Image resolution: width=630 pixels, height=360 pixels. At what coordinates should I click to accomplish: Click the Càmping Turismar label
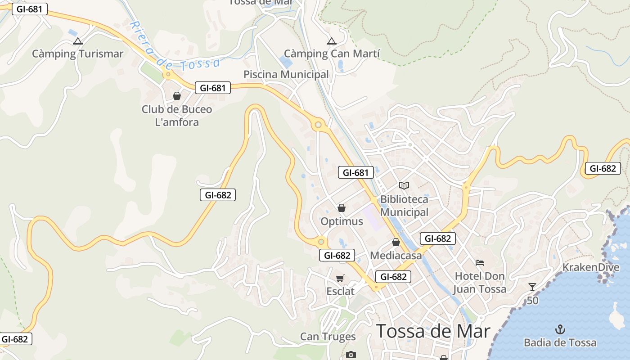coord(77,54)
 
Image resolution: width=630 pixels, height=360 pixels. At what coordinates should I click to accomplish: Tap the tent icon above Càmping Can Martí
coord(332,41)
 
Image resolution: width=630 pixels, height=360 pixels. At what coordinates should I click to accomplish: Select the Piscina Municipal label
coord(286,74)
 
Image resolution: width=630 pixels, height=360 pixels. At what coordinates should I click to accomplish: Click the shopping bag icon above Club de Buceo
coord(177,96)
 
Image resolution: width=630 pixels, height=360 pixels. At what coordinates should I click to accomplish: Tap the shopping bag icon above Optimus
coord(342,208)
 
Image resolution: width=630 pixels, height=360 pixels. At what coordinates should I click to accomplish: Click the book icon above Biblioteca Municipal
coord(404,185)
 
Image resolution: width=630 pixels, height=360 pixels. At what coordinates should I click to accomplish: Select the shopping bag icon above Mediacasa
coord(396,243)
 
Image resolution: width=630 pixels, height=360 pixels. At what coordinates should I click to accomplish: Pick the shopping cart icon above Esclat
coord(340,279)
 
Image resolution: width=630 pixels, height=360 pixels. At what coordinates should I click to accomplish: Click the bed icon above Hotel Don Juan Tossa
coord(480,262)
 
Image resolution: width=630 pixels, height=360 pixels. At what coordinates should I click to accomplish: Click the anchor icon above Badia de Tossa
coord(560,329)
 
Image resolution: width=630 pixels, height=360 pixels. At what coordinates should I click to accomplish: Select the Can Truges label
coord(328,337)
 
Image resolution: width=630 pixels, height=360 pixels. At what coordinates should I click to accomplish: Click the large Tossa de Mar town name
coord(433,331)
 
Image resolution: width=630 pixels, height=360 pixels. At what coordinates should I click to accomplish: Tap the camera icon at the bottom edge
coord(351,355)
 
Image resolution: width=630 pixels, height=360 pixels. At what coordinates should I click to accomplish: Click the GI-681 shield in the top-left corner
coord(30,9)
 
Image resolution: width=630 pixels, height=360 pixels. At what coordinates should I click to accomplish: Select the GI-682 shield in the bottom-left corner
coord(15,339)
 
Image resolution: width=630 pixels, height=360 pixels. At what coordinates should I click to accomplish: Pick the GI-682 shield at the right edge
coord(603,168)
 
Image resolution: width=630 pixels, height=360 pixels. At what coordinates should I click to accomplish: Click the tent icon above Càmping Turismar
coord(78,41)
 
